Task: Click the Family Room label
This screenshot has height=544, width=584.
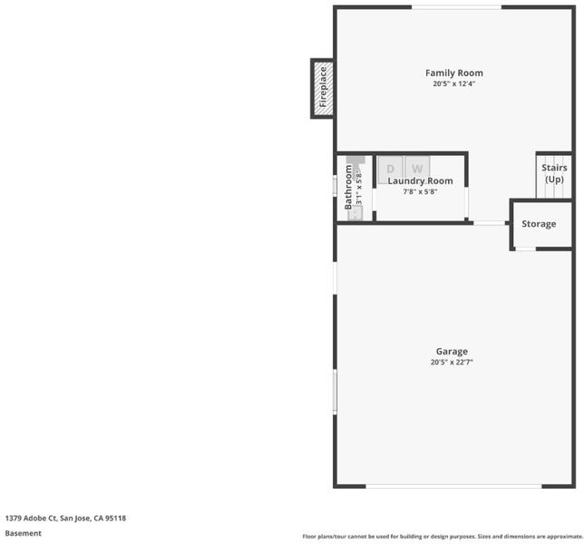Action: click(454, 73)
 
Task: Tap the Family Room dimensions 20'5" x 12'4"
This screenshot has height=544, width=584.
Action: click(454, 83)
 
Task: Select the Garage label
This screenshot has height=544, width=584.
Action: click(452, 352)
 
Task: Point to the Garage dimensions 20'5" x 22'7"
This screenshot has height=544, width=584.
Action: click(452, 362)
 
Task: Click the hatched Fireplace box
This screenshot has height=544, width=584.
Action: click(323, 89)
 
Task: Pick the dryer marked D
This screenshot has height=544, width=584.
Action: click(390, 169)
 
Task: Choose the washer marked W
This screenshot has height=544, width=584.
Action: click(417, 169)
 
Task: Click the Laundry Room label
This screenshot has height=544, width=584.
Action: click(421, 181)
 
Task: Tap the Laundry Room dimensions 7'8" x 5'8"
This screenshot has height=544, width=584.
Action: click(420, 191)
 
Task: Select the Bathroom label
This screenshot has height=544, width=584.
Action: click(348, 187)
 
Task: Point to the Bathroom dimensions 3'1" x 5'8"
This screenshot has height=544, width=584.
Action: click(359, 187)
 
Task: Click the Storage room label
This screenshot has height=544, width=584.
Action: click(539, 224)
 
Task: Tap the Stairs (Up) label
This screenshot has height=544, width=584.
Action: click(554, 173)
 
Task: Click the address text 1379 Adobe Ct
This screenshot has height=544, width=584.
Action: click(31, 518)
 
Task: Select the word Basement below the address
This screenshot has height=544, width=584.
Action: click(23, 533)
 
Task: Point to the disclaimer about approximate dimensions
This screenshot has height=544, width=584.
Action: click(443, 536)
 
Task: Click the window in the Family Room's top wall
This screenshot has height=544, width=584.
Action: click(457, 7)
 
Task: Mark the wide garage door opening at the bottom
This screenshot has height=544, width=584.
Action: click(453, 486)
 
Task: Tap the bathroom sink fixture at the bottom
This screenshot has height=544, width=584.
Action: click(355, 213)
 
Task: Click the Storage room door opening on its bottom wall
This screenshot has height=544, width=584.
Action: click(526, 248)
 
